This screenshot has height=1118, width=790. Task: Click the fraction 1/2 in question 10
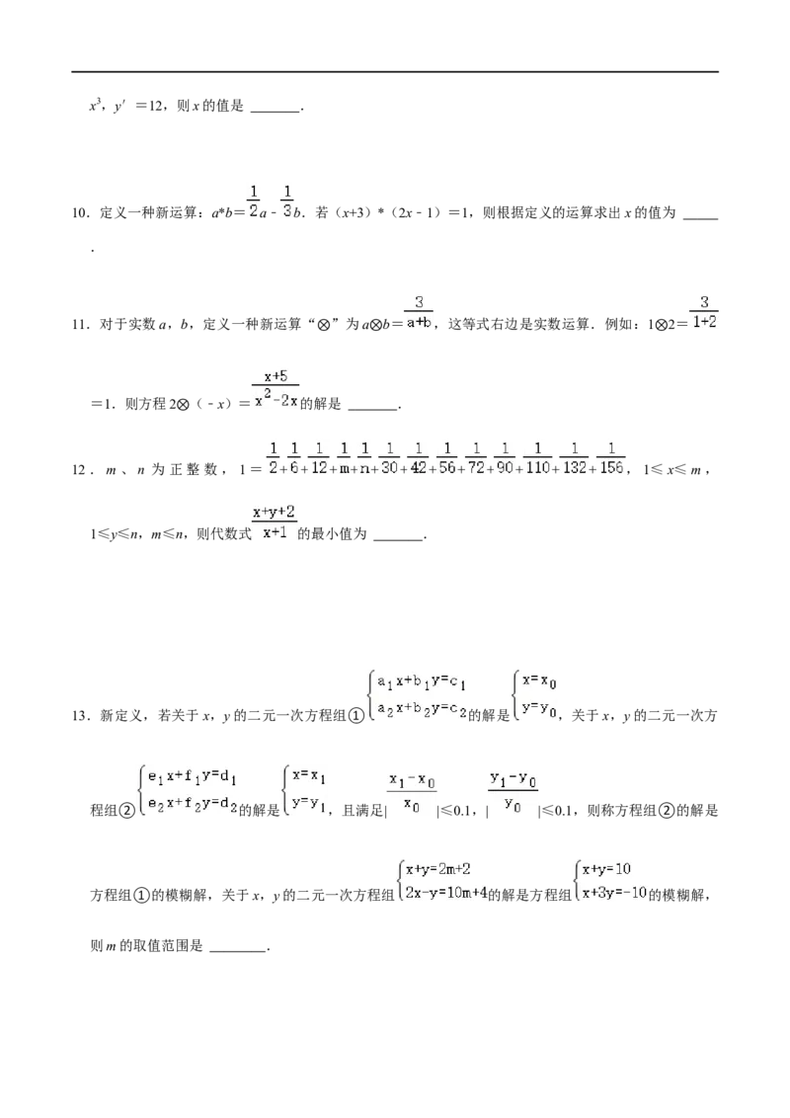coord(253,201)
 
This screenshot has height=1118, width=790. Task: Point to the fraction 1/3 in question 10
coord(286,201)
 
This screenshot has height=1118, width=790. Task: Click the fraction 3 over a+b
coord(419,312)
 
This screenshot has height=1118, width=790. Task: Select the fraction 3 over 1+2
coord(704,312)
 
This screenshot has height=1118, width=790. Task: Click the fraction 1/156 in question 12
coord(611,458)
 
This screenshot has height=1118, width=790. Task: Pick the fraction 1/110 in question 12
coord(537,458)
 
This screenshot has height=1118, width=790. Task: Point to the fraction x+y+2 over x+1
coord(274,521)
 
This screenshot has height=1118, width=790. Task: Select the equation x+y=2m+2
coord(438,869)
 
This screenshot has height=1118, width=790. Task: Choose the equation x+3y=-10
coord(614,893)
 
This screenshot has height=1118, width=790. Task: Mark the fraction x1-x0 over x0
coord(412,793)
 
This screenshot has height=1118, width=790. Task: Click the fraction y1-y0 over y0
coord(513,791)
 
